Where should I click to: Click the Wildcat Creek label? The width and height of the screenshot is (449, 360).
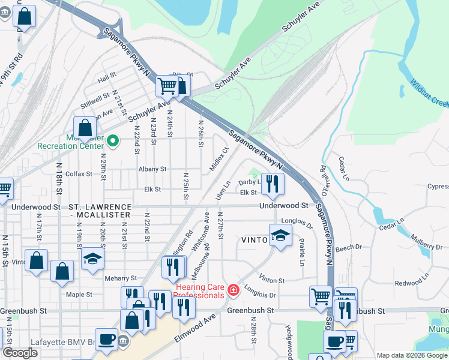click(429, 91)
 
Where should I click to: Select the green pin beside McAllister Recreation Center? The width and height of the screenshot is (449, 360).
click(118, 142)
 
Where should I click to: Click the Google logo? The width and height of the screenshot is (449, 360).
click(20, 353)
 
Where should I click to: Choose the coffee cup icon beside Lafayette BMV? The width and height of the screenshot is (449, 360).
click(107, 339)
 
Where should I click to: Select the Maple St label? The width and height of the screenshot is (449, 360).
click(79, 295)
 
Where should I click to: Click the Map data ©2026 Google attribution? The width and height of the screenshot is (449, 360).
click(411, 355)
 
